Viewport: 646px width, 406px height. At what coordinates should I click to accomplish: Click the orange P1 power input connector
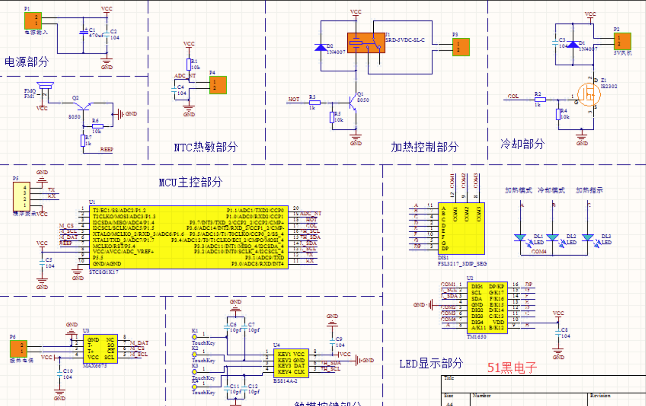click(33, 21)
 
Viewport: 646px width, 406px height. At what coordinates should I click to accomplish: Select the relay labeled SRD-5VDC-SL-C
click(366, 43)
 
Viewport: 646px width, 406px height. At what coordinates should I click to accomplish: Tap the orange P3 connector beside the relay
click(461, 47)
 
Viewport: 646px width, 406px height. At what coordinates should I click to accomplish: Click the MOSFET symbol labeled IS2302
click(588, 94)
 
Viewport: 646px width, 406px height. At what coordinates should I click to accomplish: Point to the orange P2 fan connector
click(622, 41)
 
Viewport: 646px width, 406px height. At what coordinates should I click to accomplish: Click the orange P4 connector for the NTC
click(218, 85)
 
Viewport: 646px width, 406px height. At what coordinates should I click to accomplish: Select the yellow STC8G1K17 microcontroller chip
click(189, 237)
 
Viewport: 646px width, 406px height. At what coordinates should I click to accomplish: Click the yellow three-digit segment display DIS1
click(461, 228)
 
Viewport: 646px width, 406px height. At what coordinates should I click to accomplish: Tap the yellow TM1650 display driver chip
click(487, 307)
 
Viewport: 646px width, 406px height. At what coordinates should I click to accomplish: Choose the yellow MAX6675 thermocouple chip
click(101, 349)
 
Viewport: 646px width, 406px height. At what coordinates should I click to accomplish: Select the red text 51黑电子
click(512, 367)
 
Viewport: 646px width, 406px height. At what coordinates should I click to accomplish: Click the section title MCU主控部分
click(191, 182)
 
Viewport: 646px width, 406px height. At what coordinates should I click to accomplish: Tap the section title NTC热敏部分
click(206, 147)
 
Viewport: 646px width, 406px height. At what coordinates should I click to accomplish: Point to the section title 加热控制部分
click(425, 147)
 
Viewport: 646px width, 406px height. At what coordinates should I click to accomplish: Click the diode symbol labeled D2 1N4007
click(321, 47)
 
